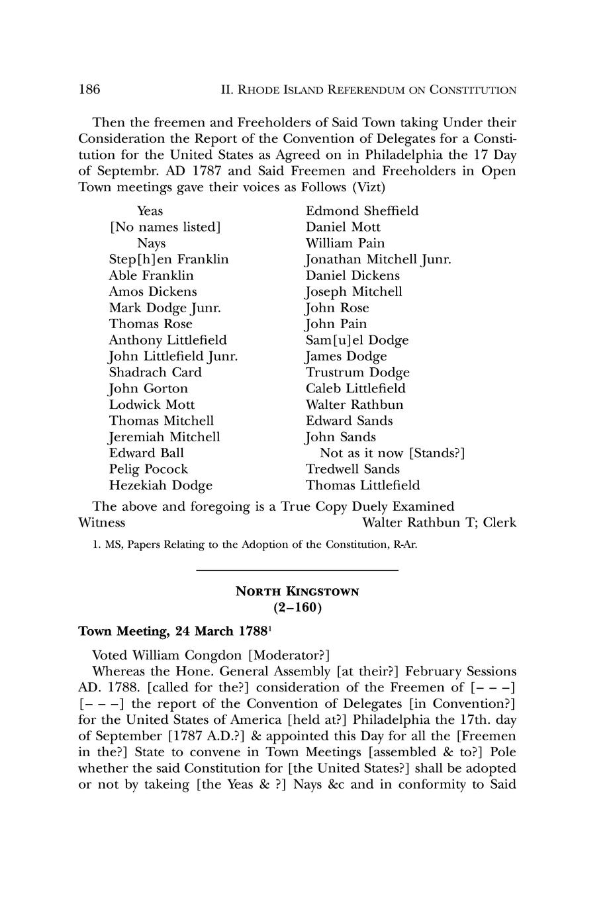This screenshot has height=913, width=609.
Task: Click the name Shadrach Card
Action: point(156,372)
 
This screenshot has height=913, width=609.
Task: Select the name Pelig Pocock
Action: point(148,469)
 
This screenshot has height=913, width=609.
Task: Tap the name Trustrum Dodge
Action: point(357,372)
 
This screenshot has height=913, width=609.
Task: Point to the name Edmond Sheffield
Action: point(362,211)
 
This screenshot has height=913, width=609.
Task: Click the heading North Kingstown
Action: point(297,591)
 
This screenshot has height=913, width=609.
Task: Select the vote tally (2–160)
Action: point(297,607)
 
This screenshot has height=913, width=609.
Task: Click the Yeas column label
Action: point(150,211)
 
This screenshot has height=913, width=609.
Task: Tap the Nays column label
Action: point(151,243)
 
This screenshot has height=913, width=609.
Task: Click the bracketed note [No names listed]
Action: point(165,227)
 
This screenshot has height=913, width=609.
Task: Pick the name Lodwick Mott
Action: point(152,405)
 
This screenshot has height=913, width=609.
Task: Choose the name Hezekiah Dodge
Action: point(161,486)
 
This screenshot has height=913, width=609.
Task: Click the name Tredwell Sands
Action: point(353,469)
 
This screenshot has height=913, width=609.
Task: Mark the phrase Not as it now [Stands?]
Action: point(392,453)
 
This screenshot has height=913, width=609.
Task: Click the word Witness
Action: point(102,523)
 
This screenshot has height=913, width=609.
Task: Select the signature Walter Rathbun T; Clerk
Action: point(440,523)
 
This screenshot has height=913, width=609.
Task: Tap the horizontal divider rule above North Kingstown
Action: point(297,570)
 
